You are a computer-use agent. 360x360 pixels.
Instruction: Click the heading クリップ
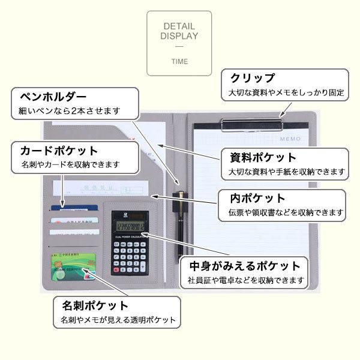coord(252,79)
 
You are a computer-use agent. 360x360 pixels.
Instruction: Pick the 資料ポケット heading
coord(263,158)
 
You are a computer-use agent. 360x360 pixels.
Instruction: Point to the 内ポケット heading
coord(259,199)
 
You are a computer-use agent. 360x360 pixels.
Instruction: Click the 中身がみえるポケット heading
coord(244,266)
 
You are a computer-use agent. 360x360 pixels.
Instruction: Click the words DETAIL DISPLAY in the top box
coord(179,31)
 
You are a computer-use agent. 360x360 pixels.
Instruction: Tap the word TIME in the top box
coord(179,61)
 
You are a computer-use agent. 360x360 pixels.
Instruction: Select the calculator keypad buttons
coord(130,256)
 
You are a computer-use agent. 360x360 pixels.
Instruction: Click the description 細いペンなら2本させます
coord(65,111)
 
